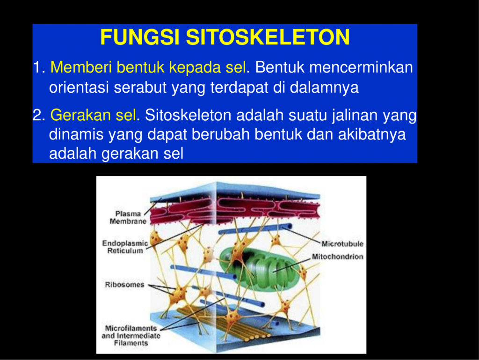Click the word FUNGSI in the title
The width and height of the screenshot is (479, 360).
(x=139, y=37)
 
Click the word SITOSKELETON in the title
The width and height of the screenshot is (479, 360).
(x=268, y=37)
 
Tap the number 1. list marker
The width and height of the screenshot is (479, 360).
(x=39, y=67)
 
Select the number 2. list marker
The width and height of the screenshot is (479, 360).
(x=39, y=115)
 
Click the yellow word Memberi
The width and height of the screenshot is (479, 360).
(x=81, y=67)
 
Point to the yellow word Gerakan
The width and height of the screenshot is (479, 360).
(x=80, y=115)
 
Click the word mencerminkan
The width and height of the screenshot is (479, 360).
(x=361, y=67)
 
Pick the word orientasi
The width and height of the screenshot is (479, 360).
(x=79, y=88)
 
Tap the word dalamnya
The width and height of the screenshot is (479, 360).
(x=324, y=88)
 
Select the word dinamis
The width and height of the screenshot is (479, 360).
(x=76, y=134)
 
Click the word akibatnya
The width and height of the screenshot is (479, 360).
(x=372, y=134)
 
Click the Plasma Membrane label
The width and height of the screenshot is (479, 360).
(x=128, y=218)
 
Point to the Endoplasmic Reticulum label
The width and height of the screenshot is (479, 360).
(x=125, y=247)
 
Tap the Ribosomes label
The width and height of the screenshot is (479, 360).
(x=124, y=285)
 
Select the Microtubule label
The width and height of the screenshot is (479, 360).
(x=342, y=243)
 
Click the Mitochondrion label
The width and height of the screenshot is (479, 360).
(x=338, y=257)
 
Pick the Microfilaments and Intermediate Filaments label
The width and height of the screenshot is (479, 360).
(x=131, y=336)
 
